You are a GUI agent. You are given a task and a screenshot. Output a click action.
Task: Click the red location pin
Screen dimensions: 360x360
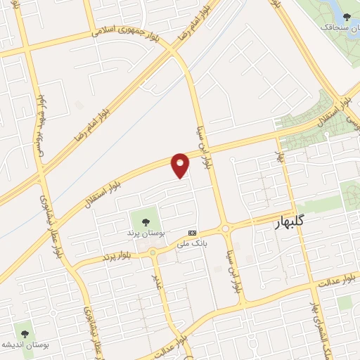click(x=181, y=164)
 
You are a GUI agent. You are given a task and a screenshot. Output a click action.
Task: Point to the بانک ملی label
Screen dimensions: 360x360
click(x=192, y=244)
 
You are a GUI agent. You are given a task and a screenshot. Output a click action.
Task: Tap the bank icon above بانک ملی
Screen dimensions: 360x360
click(x=192, y=233)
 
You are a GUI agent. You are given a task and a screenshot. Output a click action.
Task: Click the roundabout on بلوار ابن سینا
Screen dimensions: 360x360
click(x=225, y=229)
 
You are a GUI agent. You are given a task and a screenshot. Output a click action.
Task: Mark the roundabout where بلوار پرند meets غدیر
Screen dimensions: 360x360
click(x=152, y=252)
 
